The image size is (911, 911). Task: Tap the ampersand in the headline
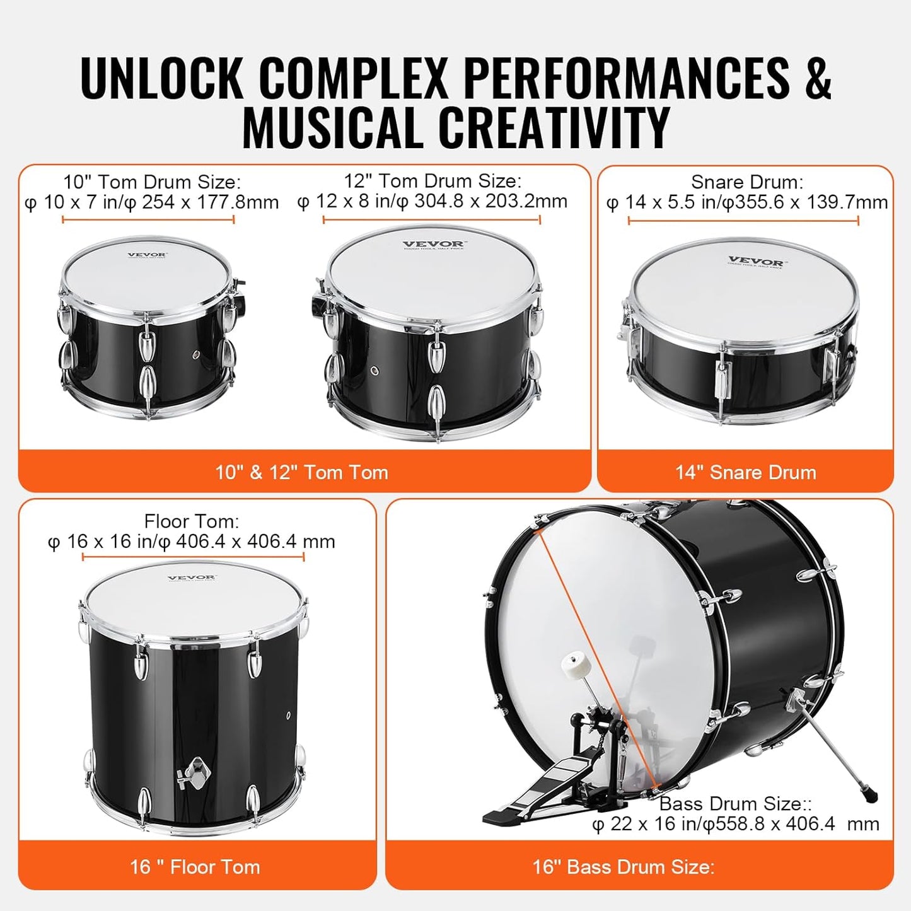click(818, 78)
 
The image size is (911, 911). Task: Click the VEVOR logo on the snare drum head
click(755, 262)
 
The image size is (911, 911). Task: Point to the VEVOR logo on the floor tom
click(192, 577)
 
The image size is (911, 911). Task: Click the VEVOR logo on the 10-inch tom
click(147, 256)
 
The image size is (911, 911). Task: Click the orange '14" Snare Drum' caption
click(745, 472)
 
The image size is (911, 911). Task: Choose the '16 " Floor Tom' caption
click(195, 867)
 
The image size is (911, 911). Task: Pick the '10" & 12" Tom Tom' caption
click(301, 472)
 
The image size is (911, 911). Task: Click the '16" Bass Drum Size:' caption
click(623, 867)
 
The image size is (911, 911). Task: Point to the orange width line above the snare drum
click(743, 220)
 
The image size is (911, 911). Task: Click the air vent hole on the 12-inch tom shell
click(375, 370)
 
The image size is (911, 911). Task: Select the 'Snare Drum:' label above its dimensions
click(746, 182)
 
